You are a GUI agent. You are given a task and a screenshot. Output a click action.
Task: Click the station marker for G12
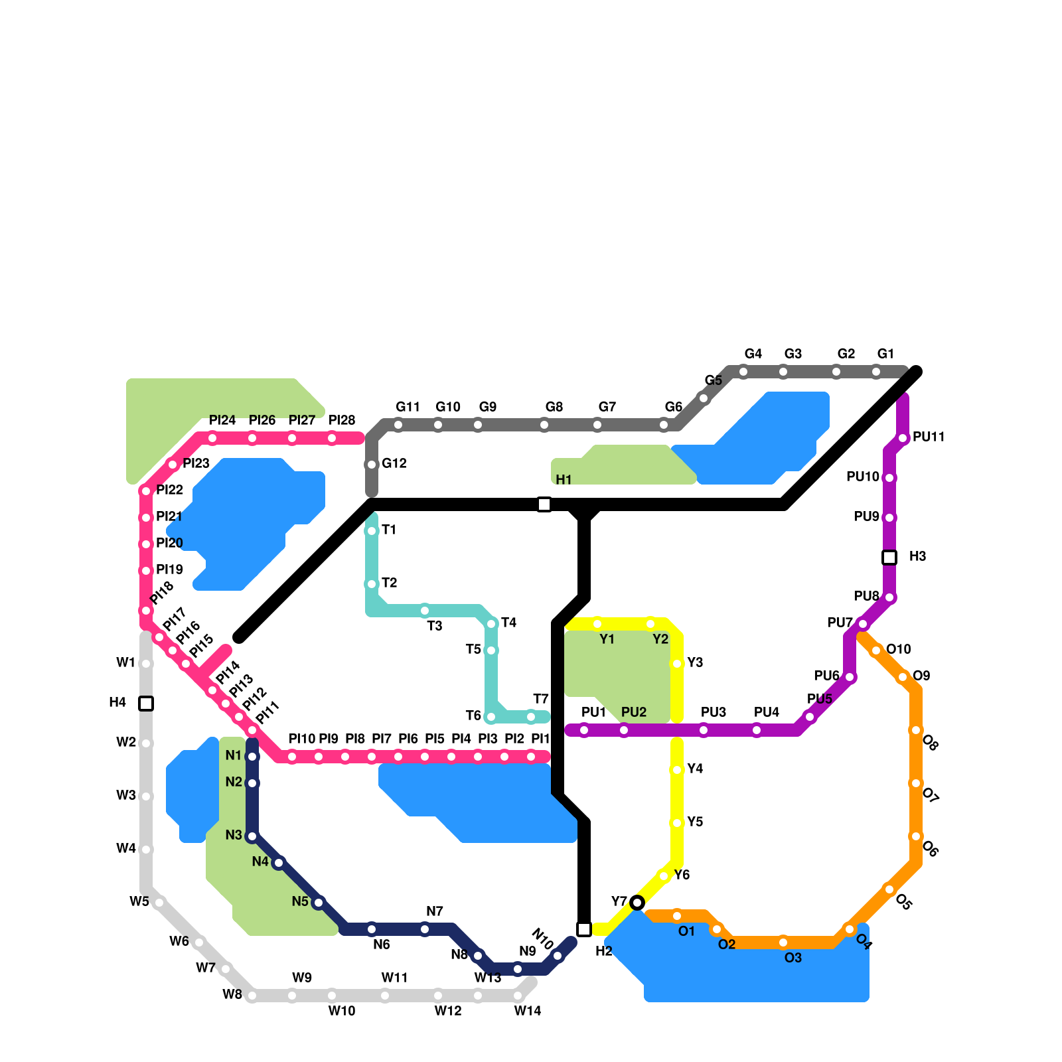[x=372, y=465]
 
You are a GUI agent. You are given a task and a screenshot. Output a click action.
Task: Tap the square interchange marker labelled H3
[x=889, y=558]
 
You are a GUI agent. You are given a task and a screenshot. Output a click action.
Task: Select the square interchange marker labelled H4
[x=146, y=704]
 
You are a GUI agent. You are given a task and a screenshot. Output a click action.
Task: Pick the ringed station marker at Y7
[x=637, y=903]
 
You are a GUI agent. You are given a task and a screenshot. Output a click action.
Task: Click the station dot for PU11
[x=903, y=438]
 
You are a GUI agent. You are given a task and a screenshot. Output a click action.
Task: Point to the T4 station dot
[x=491, y=624]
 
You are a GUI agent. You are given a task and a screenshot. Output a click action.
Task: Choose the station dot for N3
[x=252, y=836]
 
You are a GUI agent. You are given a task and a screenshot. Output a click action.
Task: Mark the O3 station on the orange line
[x=783, y=943]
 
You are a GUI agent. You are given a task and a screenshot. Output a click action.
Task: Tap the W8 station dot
[x=252, y=996]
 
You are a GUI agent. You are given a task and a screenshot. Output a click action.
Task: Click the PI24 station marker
[x=212, y=438]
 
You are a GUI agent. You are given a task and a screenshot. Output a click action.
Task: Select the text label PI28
[x=342, y=420]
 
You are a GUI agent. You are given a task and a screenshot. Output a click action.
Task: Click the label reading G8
[x=554, y=407]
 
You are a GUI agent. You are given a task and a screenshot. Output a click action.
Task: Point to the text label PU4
[x=767, y=712]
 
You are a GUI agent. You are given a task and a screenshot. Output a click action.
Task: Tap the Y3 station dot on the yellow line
[x=677, y=664]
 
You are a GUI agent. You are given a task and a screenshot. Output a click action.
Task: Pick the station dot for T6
[x=491, y=717]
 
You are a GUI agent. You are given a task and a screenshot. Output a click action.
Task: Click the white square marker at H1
[x=544, y=504]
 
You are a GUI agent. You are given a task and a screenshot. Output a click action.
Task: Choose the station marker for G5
[x=704, y=398]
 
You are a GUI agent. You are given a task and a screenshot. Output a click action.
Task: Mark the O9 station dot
[x=903, y=677]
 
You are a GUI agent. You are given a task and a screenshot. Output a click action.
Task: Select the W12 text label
[x=448, y=1011]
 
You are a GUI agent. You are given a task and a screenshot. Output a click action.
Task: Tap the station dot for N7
[x=425, y=929]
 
